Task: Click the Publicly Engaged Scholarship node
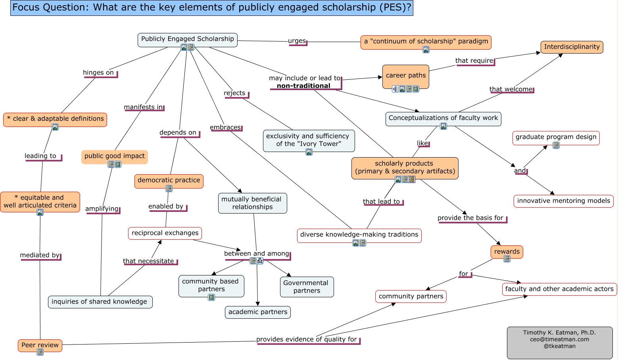[x=188, y=39]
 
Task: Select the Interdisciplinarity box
[x=572, y=47]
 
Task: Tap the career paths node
[x=405, y=75]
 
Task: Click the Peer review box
[x=40, y=345]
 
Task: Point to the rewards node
[x=507, y=251]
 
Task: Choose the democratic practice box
[x=169, y=180]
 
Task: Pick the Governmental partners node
[x=307, y=287]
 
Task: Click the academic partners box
[x=258, y=312]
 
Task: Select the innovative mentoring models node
[x=563, y=201]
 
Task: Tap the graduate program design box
[x=556, y=137]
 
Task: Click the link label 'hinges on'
[x=98, y=73]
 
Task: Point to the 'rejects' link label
[x=234, y=93]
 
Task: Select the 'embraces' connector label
[x=225, y=127]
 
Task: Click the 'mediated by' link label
[x=40, y=255]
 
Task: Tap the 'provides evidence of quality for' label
[x=307, y=339]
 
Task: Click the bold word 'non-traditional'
[x=303, y=86]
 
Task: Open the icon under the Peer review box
[x=40, y=352]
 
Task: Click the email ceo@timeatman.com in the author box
[x=559, y=339]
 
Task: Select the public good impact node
[x=114, y=156]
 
